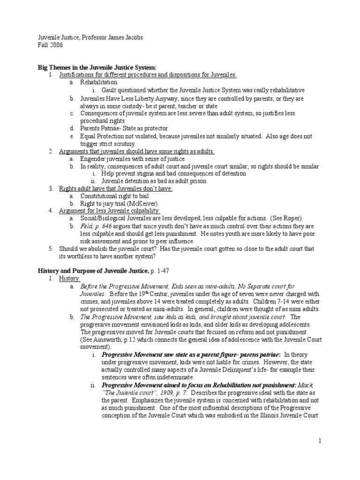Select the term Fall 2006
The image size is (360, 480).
point(50,45)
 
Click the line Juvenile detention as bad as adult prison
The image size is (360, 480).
point(153,181)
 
